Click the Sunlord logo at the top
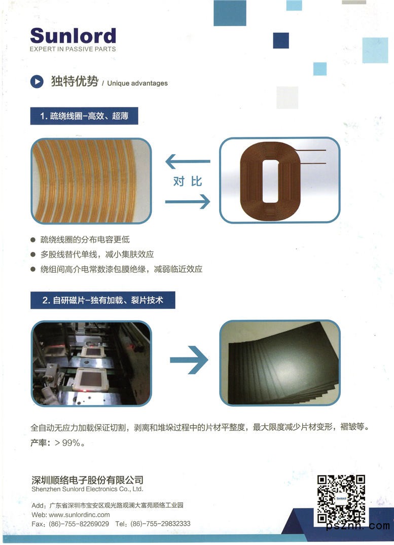tap(73, 36)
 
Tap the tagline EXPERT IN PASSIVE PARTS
tap(73, 49)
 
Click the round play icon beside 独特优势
tap(37, 82)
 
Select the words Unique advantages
tap(137, 83)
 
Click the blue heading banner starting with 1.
tap(84, 116)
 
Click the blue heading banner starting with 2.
tap(102, 300)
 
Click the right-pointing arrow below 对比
tap(188, 202)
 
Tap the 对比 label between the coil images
tap(188, 181)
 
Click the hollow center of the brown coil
tap(271, 181)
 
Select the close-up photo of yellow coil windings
tap(91, 181)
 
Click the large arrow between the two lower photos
tap(189, 360)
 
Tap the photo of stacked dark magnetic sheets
tap(280, 362)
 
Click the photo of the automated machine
tap(91, 363)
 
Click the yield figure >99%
tap(69, 443)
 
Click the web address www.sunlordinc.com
tap(79, 515)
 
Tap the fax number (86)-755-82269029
tap(79, 523)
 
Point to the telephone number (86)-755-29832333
tap(161, 523)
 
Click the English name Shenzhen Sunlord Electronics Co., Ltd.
tap(87, 489)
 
